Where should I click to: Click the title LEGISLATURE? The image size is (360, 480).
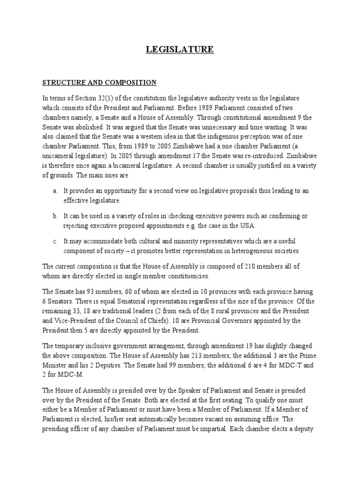[180, 50]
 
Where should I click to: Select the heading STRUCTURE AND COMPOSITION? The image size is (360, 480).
[99, 83]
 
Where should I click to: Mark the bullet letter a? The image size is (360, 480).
[55, 191]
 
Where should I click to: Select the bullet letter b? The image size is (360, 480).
[55, 216]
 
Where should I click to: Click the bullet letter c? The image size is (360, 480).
[55, 241]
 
